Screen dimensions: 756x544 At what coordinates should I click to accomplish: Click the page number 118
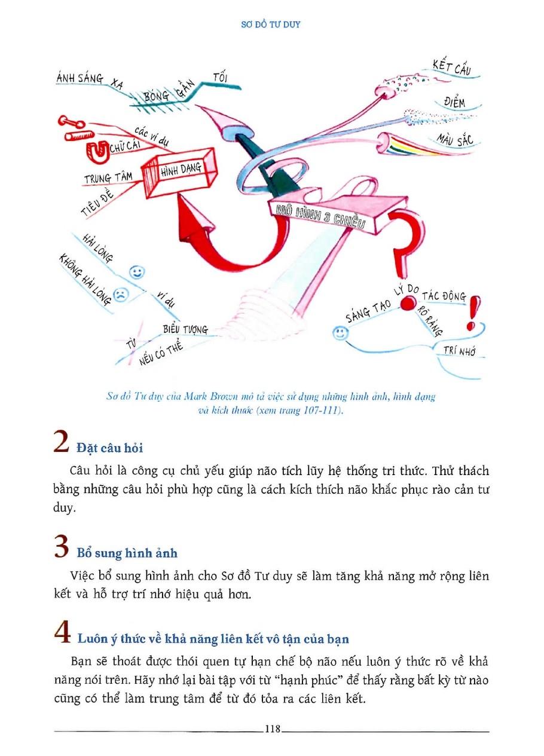pyautogui.click(x=272, y=729)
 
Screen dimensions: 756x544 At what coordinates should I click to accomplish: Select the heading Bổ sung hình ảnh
pyautogui.click(x=127, y=553)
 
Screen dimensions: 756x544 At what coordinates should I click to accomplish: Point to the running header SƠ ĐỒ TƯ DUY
pyautogui.click(x=272, y=25)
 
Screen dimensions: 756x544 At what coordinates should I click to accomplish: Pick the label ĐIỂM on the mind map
pyautogui.click(x=454, y=102)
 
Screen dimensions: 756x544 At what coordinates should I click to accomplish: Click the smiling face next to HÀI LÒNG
pyautogui.click(x=137, y=273)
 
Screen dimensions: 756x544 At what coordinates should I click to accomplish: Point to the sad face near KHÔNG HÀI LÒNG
pyautogui.click(x=121, y=295)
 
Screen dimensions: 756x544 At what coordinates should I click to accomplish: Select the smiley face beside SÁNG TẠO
pyautogui.click(x=340, y=333)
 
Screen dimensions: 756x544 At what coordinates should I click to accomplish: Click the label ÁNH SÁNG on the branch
pyautogui.click(x=80, y=78)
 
